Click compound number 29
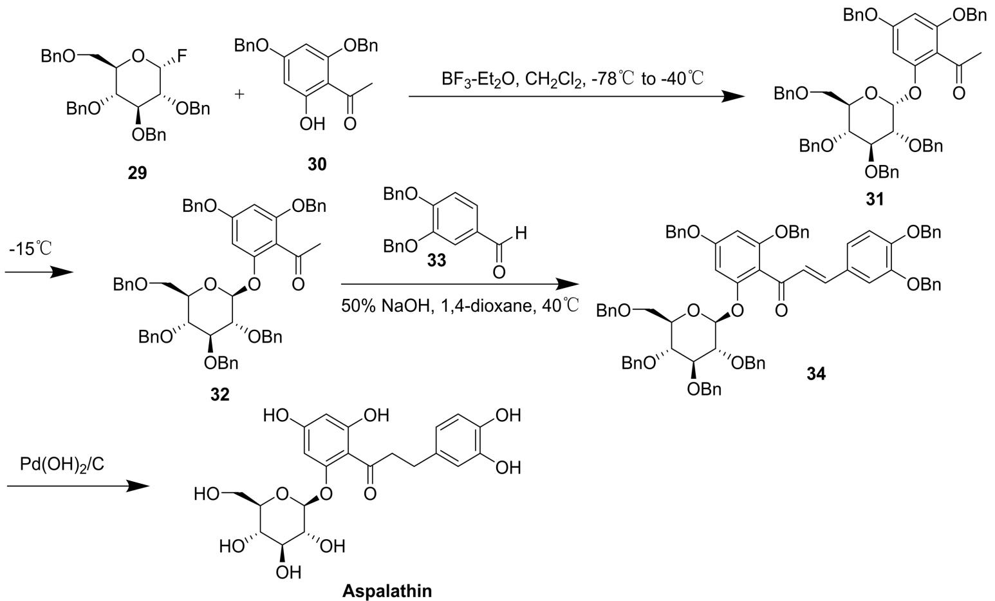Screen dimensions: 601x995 (x=137, y=173)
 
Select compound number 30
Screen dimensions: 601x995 (x=317, y=165)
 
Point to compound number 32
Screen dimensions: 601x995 (x=219, y=394)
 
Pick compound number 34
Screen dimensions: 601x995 (x=815, y=373)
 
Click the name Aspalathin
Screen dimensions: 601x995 (x=387, y=591)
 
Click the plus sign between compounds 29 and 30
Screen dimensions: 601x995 (x=239, y=94)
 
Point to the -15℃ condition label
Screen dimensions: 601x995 (x=31, y=249)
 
